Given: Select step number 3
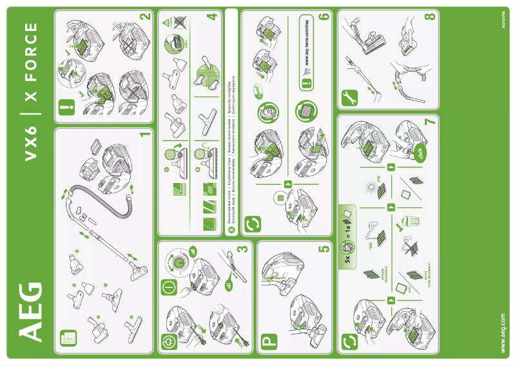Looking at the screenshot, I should (x=244, y=247).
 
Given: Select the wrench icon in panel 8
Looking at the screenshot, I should (x=349, y=98).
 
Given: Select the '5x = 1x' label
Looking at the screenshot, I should (x=346, y=231).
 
